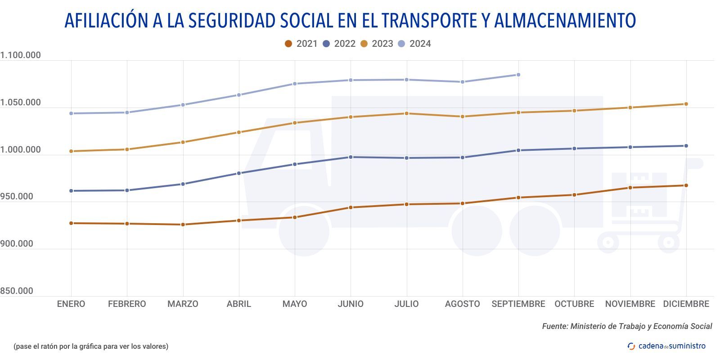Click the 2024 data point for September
(x=518, y=75)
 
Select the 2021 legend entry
(x=301, y=44)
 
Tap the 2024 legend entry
(x=414, y=44)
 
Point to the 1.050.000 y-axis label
(x=20, y=103)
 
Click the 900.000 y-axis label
(x=17, y=244)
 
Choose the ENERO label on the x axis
(x=71, y=304)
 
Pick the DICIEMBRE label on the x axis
(x=686, y=304)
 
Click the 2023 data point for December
(x=686, y=104)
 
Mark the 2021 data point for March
(x=183, y=225)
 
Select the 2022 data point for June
(x=351, y=157)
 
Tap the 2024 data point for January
(x=71, y=113)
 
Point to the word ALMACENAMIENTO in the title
(x=565, y=21)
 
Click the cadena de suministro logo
(x=666, y=346)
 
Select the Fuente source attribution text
(x=627, y=326)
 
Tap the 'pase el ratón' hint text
(x=91, y=346)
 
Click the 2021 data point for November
(x=630, y=188)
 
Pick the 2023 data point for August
(x=463, y=117)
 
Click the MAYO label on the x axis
(x=295, y=304)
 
